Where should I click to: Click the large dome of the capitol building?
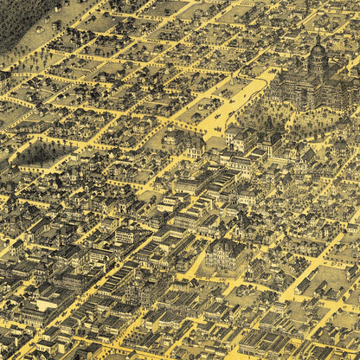[318, 57]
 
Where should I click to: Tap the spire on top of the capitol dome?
[318, 38]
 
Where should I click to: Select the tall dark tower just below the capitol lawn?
[270, 137]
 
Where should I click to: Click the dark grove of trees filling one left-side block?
[35, 154]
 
